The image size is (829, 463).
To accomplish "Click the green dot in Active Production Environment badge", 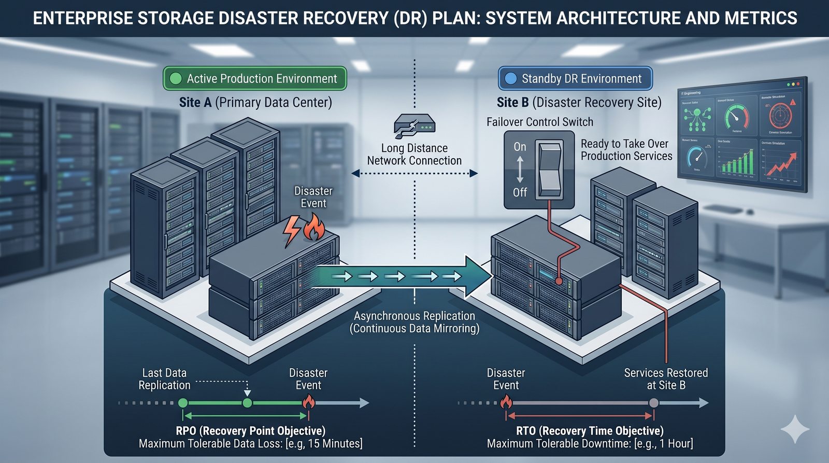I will [x=176, y=78].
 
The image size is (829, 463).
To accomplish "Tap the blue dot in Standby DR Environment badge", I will [x=511, y=78].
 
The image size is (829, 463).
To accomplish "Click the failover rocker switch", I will [x=550, y=170].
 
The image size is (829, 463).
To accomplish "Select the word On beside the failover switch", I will [x=520, y=147].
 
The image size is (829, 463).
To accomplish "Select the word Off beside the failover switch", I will [x=520, y=192].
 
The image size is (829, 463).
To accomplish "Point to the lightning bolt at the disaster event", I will [x=292, y=230].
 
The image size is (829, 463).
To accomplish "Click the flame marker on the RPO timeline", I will [x=308, y=402].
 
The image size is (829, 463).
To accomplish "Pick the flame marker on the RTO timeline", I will [x=506, y=402].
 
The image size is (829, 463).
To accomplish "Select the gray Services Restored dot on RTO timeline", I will [x=654, y=403].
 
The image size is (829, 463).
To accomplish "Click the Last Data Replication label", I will [x=164, y=379].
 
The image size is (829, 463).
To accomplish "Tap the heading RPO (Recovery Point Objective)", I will [x=250, y=431].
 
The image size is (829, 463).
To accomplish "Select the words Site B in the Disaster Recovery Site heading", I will [x=512, y=103].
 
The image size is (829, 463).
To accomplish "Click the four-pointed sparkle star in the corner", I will [x=795, y=429].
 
